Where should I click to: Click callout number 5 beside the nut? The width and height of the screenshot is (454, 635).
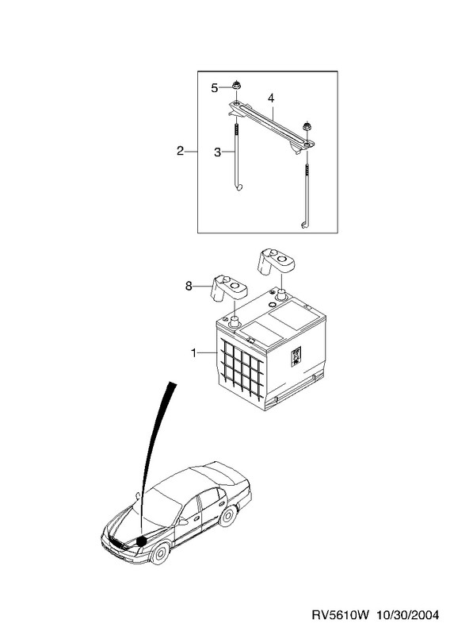pos(215,88)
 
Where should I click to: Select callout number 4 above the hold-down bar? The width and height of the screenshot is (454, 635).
pos(271,98)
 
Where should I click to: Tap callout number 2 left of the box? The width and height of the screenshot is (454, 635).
pos(181,151)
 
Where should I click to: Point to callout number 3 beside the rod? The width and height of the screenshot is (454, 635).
pos(218,152)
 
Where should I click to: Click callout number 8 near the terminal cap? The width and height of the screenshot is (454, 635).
pos(189,287)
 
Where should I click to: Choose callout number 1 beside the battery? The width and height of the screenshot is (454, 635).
pos(194,353)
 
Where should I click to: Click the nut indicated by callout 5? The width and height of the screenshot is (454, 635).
pos(235,86)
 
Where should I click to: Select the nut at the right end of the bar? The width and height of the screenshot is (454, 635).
pos(307,126)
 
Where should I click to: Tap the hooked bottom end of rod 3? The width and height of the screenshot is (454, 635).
pos(239,187)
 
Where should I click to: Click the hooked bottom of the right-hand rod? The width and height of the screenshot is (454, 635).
pos(305,225)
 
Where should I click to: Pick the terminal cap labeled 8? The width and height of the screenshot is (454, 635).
pos(228,288)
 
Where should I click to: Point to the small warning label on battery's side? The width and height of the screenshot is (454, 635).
pos(296,356)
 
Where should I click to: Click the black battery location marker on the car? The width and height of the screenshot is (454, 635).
pos(141,541)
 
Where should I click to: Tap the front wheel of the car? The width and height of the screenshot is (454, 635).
pos(161,552)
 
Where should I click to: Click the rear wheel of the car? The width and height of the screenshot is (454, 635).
pos(227,516)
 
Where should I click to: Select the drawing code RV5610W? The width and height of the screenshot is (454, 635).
pos(341,615)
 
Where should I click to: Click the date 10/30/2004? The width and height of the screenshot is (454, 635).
pos(407,615)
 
